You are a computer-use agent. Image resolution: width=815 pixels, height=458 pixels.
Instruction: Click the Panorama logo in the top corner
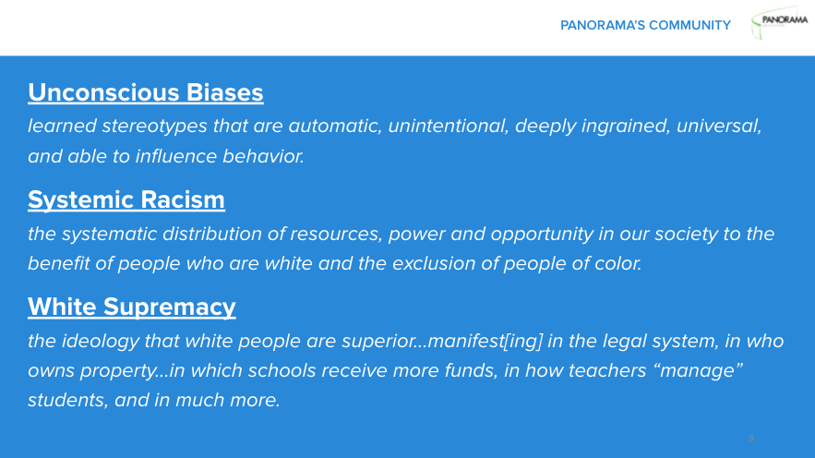(779, 25)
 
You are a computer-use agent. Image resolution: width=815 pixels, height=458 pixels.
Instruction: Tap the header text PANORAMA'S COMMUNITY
(645, 25)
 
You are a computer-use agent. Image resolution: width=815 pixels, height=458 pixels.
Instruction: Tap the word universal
(721, 126)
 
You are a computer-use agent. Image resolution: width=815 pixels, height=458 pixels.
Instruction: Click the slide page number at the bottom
(750, 438)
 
